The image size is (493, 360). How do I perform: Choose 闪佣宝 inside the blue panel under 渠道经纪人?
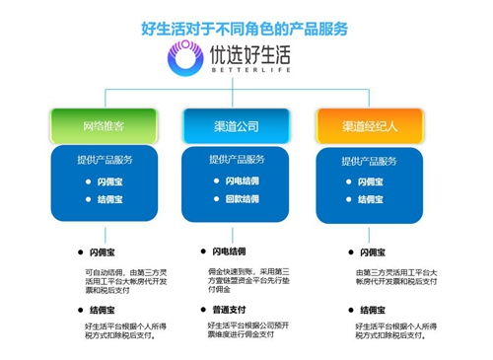click(x=372, y=182)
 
